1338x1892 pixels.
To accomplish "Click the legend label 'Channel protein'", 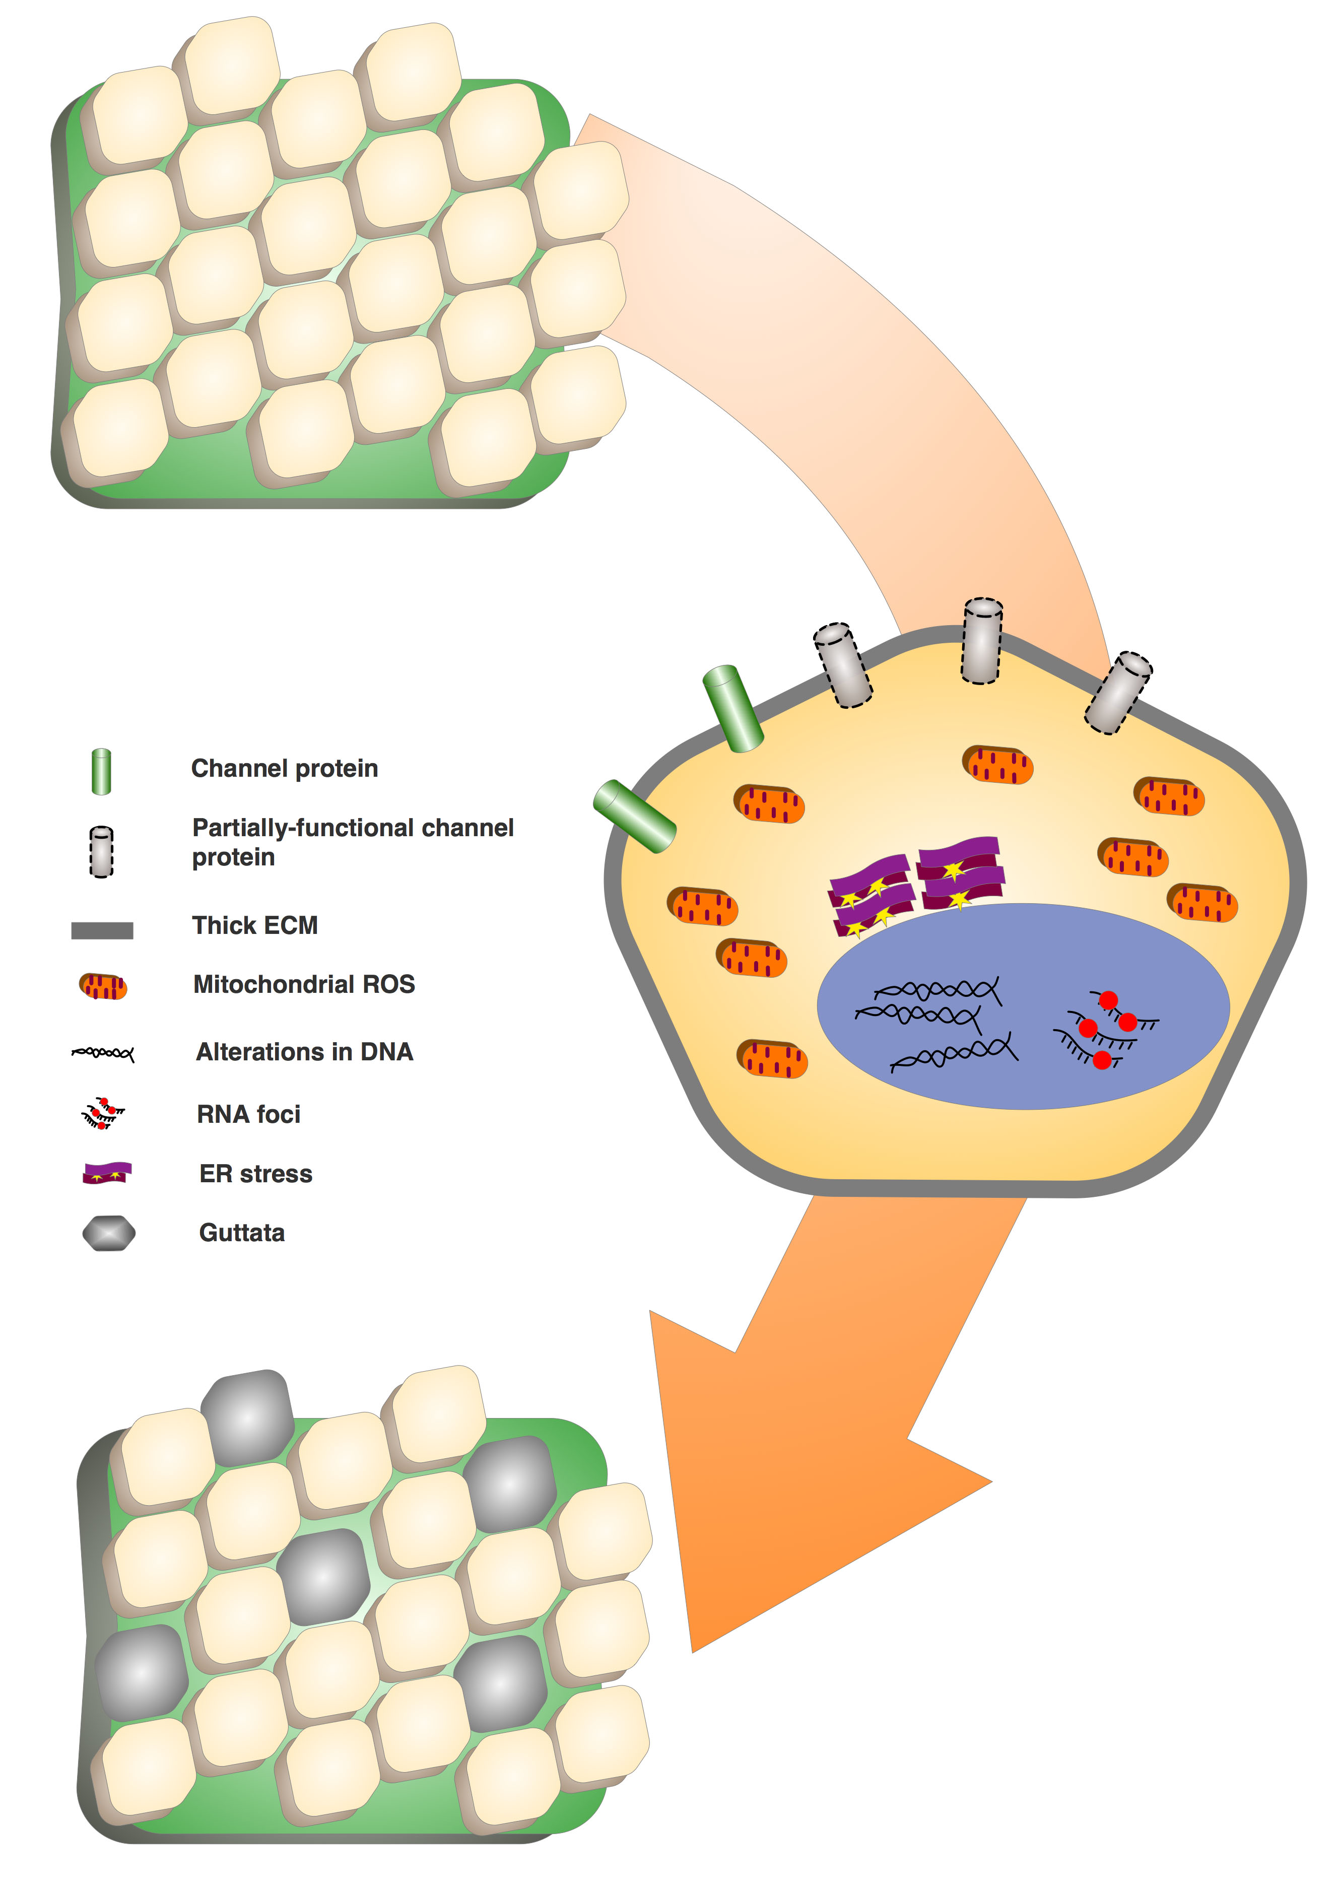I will coord(284,768).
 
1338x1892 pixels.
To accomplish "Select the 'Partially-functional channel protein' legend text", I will coord(353,841).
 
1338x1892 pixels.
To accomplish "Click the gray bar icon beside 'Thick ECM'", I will coord(102,930).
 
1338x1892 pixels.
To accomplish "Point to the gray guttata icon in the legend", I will coord(109,1234).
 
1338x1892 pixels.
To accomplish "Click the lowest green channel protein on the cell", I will coord(634,817).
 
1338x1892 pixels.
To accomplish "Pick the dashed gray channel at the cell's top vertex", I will coord(982,641).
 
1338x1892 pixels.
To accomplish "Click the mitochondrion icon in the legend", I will coord(103,986).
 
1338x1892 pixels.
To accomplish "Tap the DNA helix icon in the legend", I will coord(103,1052).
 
